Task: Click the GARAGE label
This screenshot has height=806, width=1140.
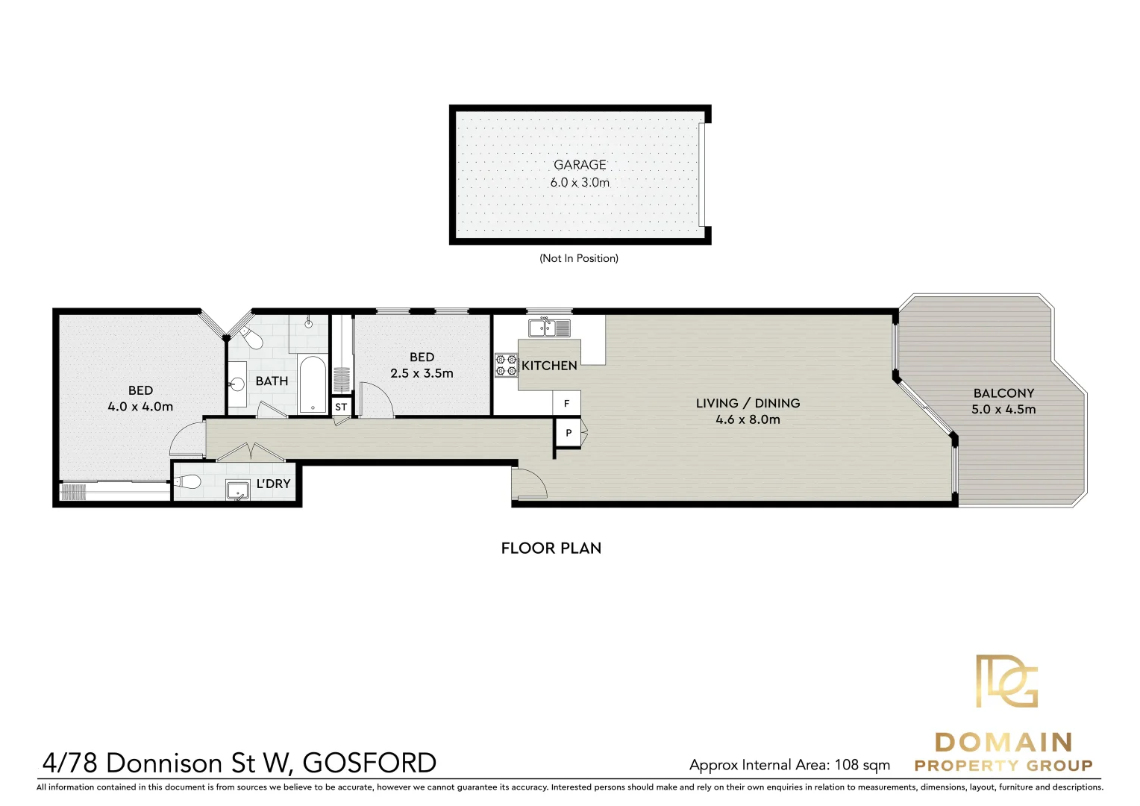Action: tap(580, 165)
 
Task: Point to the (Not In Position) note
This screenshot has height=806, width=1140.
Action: tap(579, 258)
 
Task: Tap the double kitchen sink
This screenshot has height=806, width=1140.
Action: tap(550, 328)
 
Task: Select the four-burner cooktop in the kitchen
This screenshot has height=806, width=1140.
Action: tap(506, 365)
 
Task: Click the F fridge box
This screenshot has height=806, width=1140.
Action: tap(566, 404)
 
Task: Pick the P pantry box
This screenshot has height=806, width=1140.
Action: tap(568, 433)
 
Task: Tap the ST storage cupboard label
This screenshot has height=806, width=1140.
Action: tap(341, 407)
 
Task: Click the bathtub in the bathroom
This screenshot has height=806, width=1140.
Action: tap(313, 384)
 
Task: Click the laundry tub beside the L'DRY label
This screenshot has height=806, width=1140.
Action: tap(238, 490)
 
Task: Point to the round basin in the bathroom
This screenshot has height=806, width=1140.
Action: tap(237, 384)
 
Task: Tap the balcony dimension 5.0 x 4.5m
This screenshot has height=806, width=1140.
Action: tap(1003, 410)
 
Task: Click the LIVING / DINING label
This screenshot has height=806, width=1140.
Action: tap(748, 403)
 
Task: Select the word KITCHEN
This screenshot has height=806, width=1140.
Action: tap(549, 366)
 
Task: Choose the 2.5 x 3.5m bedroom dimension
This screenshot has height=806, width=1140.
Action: tap(422, 374)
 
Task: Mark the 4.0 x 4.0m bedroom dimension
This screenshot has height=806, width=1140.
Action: tap(140, 407)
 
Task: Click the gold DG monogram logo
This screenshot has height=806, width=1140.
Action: tap(1006, 681)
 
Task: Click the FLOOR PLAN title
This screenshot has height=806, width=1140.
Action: tap(551, 549)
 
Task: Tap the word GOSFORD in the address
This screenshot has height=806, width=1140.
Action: tap(369, 763)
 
